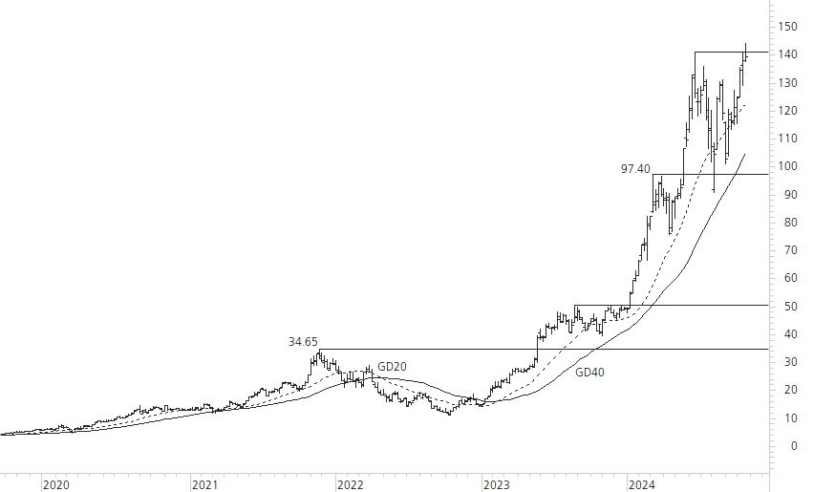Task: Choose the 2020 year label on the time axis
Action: (x=56, y=484)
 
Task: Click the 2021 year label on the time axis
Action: (x=204, y=484)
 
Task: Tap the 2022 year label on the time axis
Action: (x=350, y=484)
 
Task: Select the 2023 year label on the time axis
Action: (x=497, y=484)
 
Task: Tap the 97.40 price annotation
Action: (x=635, y=168)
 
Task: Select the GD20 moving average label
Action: (x=392, y=366)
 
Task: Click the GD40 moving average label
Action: (x=589, y=374)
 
